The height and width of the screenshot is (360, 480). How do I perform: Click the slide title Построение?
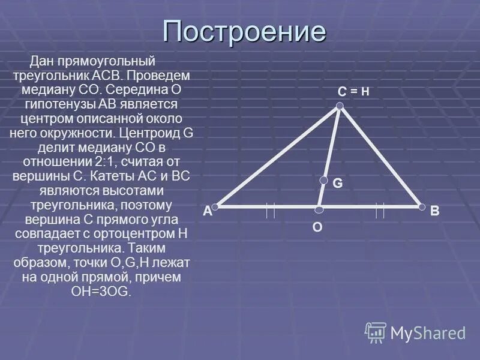[x=244, y=31]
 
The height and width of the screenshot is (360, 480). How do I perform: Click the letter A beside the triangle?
[x=207, y=211]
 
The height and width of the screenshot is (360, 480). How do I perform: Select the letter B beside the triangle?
[x=435, y=211]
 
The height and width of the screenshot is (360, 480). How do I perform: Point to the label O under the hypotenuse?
[x=317, y=228]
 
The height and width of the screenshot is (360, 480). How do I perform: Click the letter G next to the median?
[x=338, y=184]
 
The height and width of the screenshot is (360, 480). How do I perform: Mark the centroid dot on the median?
[x=324, y=180]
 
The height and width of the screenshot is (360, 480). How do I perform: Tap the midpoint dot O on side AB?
[x=319, y=209]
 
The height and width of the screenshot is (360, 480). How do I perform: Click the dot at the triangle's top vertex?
[x=340, y=106]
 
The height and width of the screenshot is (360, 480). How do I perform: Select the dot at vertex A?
[x=216, y=206]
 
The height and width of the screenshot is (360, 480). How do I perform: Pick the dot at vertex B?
[x=422, y=207]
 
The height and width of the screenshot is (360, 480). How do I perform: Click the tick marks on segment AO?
[x=271, y=211]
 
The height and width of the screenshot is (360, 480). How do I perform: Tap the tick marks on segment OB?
[x=379, y=211]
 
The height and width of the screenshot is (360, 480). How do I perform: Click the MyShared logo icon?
[x=376, y=332]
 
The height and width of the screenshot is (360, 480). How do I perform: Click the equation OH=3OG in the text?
[x=100, y=291]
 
